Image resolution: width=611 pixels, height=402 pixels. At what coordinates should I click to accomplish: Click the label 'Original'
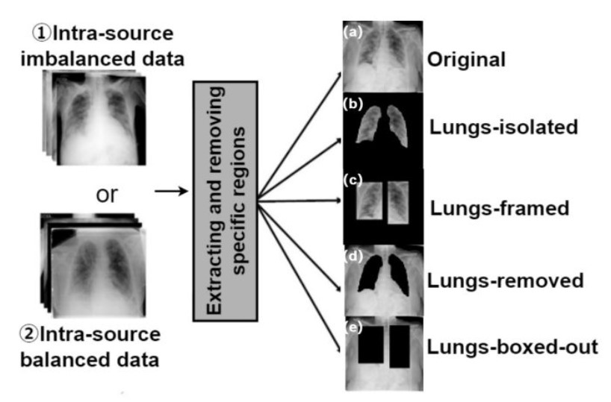(466, 60)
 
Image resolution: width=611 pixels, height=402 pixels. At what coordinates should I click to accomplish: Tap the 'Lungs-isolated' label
(503, 128)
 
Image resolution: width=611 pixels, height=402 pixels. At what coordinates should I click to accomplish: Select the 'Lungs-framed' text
(500, 208)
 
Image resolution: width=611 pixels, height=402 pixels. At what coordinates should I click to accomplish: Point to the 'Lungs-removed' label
(506, 280)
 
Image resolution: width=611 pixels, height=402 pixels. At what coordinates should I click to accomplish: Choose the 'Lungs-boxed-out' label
(512, 347)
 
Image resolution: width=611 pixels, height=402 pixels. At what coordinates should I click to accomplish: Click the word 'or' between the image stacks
(107, 195)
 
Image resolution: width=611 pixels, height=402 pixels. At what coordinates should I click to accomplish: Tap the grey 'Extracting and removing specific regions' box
(226, 201)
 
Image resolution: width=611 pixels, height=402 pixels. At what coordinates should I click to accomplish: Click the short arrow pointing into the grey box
(172, 191)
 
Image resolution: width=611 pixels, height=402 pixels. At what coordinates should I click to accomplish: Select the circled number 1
(42, 34)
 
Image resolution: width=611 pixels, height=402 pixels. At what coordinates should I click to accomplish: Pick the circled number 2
(29, 335)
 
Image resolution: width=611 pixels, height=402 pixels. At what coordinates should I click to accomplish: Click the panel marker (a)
(353, 32)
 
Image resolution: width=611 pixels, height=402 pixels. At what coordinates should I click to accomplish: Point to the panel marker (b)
(353, 104)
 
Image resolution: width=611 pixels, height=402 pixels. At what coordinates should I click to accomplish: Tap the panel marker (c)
(353, 180)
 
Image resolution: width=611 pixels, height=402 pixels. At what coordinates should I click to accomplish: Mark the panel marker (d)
(353, 257)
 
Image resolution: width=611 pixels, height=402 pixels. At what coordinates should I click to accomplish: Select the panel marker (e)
(353, 328)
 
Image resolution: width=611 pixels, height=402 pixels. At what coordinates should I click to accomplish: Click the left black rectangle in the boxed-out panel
(370, 345)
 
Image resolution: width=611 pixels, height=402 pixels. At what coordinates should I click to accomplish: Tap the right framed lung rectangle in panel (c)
(398, 203)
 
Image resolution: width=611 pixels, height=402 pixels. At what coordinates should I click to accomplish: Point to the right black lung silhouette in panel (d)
(398, 274)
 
